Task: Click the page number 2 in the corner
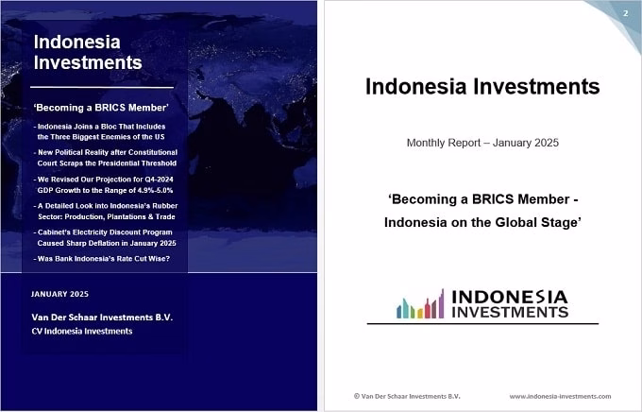coord(625,13)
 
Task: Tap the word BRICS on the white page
coord(494,199)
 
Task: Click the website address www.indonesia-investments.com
coord(560,397)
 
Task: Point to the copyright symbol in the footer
coord(357,396)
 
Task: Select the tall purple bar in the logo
coord(442,303)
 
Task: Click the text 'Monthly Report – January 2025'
coord(482,143)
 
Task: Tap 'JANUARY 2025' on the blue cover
coord(59,294)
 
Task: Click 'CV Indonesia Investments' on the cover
coord(82,332)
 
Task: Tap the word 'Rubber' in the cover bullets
coord(165,206)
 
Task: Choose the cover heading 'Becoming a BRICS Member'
coord(101,108)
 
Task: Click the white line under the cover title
coord(102,87)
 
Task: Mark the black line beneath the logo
coord(482,324)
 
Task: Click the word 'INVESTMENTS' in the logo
coord(510,313)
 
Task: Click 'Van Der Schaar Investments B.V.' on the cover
coord(102,318)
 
